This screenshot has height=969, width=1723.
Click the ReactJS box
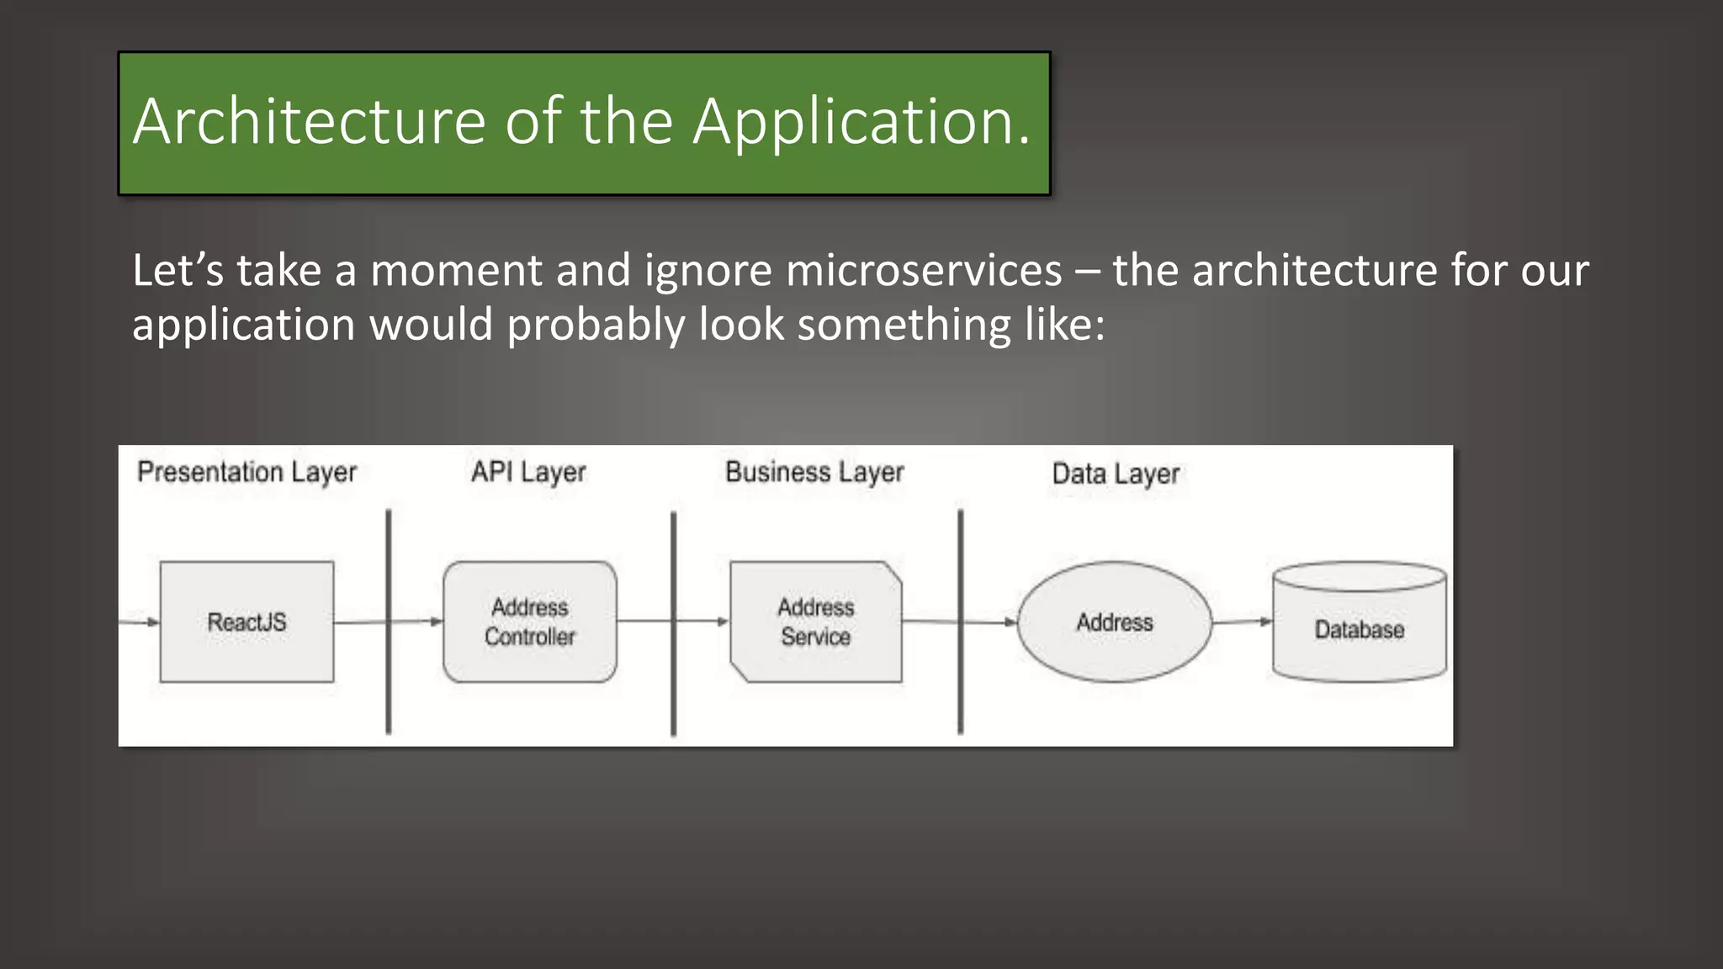coord(247,622)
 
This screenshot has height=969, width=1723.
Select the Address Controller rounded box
coord(529,622)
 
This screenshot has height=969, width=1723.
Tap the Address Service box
coord(815,622)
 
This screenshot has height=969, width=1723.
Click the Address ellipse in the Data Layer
coord(1114,622)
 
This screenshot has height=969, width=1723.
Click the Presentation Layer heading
coord(247,472)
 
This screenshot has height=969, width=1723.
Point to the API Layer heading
coord(528,472)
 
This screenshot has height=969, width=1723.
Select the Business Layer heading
coord(814,472)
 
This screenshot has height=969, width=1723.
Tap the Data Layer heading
coord(1116,474)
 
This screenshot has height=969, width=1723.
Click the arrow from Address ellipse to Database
coord(1242,622)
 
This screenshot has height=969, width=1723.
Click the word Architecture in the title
coord(309,122)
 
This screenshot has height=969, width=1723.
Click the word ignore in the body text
coord(708,271)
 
